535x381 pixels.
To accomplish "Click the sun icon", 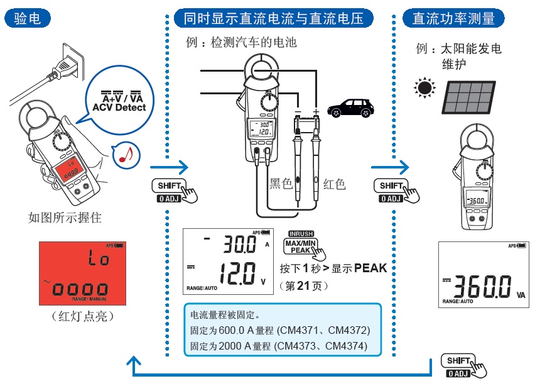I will pos(425,88).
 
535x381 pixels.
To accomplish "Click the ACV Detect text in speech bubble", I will pos(119,108).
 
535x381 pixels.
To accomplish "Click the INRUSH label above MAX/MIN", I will pos(301,233).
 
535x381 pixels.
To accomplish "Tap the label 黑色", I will pos(281,184).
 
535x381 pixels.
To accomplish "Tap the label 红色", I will pos(334,184).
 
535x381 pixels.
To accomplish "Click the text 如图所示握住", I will pos(65,218).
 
